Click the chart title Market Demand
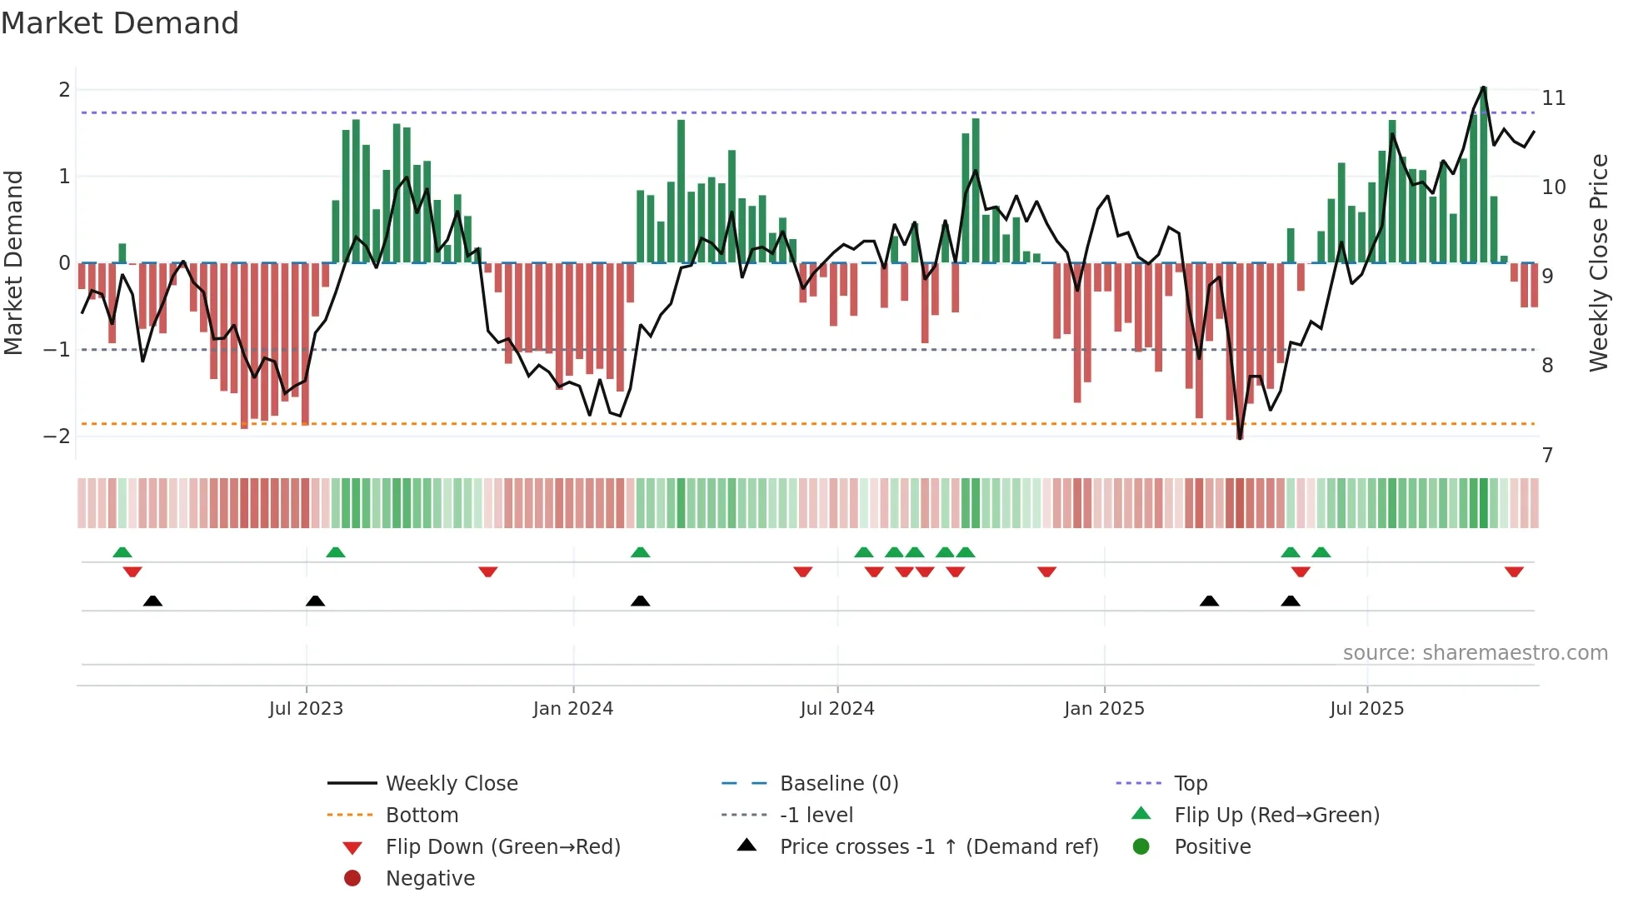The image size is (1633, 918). tap(120, 23)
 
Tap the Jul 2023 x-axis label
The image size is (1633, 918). tap(306, 709)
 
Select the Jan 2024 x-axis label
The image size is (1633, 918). tap(573, 709)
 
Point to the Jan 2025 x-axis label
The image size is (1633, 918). tap(1104, 709)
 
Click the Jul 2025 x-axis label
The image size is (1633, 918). tap(1366, 709)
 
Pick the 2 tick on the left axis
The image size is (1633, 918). tap(64, 90)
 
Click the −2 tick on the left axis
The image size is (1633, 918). tap(57, 437)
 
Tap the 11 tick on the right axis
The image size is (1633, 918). tap(1553, 98)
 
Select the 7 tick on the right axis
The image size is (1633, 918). tap(1547, 456)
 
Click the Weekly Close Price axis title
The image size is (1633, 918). tap(1598, 262)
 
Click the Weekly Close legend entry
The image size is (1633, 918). tap(451, 784)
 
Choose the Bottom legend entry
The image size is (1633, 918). tap(422, 816)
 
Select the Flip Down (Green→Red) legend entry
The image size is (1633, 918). tap(502, 847)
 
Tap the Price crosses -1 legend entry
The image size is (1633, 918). tap(938, 847)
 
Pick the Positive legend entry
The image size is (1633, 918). tap(1212, 847)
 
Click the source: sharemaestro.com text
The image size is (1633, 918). tap(1475, 653)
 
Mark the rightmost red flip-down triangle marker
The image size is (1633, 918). tap(1514, 571)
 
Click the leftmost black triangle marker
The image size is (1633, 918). tap(152, 601)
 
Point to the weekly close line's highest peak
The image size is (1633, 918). tap(1483, 87)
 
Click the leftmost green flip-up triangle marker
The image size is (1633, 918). tap(122, 552)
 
